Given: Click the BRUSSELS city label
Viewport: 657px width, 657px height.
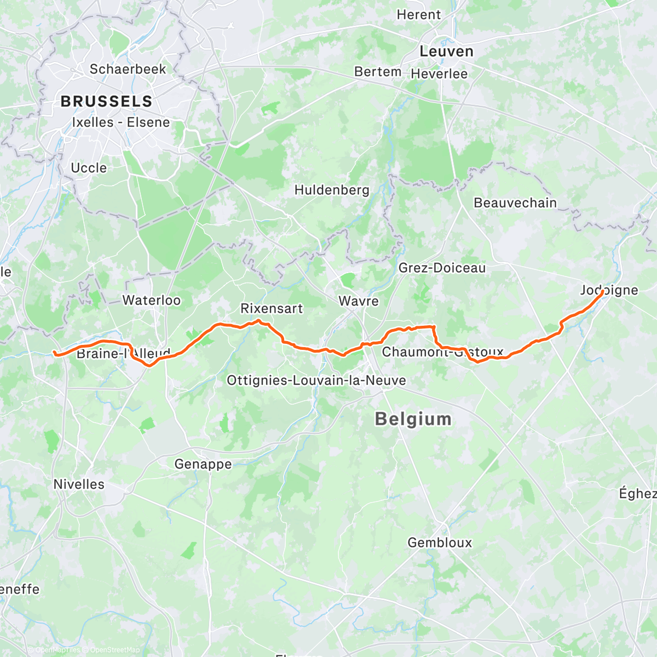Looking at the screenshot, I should [106, 101].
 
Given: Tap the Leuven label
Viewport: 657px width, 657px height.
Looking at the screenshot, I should [446, 51].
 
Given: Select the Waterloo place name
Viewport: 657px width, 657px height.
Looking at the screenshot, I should [151, 300].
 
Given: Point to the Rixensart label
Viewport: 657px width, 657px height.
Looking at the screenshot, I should [272, 309].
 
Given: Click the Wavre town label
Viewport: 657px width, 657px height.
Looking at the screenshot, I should [359, 301].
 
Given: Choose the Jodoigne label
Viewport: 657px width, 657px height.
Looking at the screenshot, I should [609, 290].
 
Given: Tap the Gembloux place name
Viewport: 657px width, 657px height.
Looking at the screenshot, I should [440, 543].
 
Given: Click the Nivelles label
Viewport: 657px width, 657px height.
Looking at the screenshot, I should [79, 485].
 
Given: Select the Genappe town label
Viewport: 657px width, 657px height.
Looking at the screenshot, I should [203, 464].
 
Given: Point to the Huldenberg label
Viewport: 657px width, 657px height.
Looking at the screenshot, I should [332, 191].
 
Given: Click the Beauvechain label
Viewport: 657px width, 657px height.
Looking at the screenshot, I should [515, 203].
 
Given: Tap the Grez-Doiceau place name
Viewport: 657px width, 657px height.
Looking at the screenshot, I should [442, 268].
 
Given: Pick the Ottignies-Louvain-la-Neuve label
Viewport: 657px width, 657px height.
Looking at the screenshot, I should [316, 381].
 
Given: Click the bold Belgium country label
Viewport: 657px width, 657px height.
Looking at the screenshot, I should [413, 419].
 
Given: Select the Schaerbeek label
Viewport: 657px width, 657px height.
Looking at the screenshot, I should [128, 70].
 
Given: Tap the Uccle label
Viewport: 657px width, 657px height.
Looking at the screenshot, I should [89, 168].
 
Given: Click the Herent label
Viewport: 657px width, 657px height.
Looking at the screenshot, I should [419, 15].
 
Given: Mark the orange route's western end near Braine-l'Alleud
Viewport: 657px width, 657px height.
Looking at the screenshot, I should [55, 353].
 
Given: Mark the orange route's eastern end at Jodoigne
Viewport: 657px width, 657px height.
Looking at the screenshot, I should [602, 292].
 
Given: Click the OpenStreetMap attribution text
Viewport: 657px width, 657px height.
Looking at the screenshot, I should [114, 650].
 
